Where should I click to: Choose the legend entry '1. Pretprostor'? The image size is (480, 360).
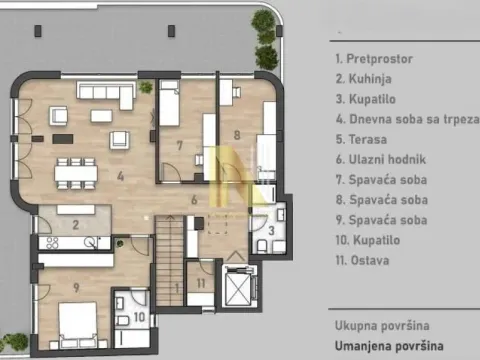pyautogui.click(x=375, y=57)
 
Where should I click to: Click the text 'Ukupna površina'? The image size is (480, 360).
pyautogui.click(x=382, y=326)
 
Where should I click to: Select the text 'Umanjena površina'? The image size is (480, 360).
pyautogui.click(x=388, y=345)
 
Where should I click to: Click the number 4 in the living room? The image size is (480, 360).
pyautogui.click(x=119, y=178)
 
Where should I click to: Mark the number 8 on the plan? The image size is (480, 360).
pyautogui.click(x=237, y=132)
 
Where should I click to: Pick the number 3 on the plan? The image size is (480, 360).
pyautogui.click(x=272, y=231)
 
